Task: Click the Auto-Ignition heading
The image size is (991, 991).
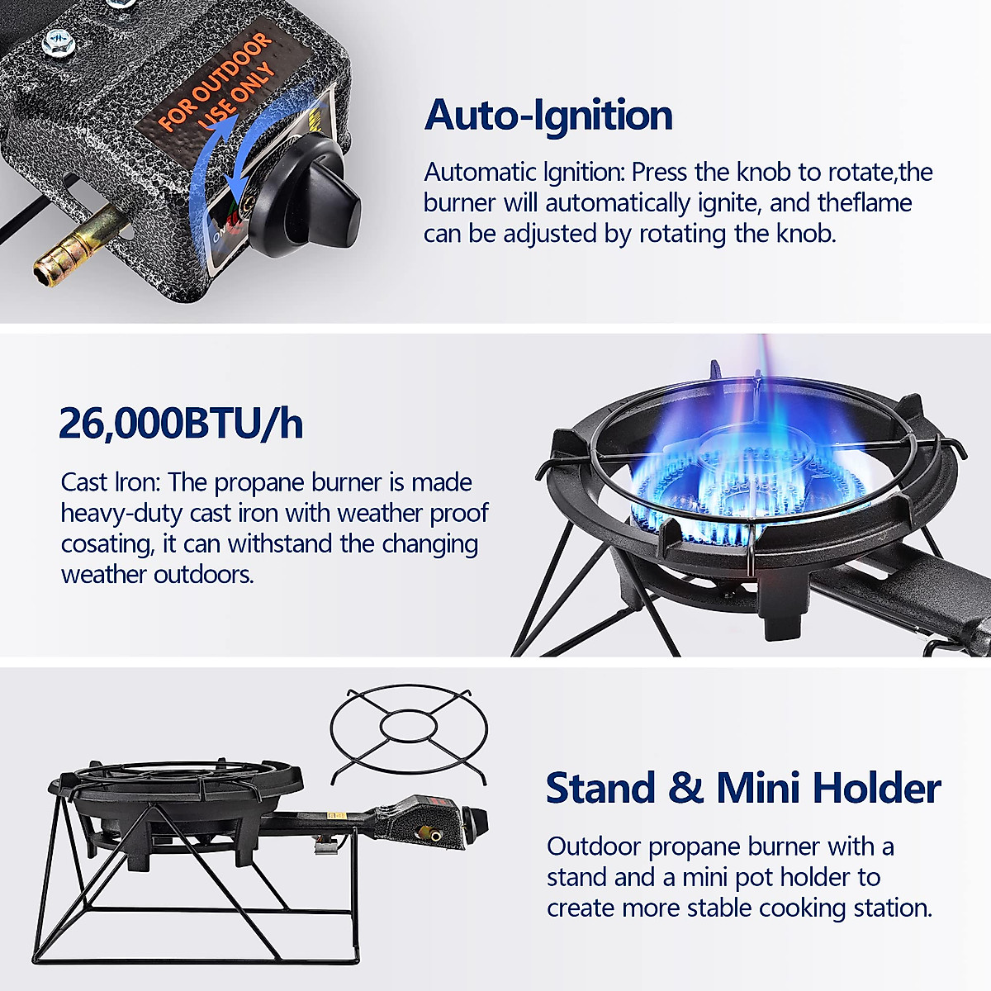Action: [x=548, y=115]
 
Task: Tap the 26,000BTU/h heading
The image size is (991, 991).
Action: [x=181, y=423]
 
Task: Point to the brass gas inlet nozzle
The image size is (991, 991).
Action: [x=69, y=249]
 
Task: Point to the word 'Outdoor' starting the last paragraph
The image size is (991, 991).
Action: [x=594, y=847]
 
